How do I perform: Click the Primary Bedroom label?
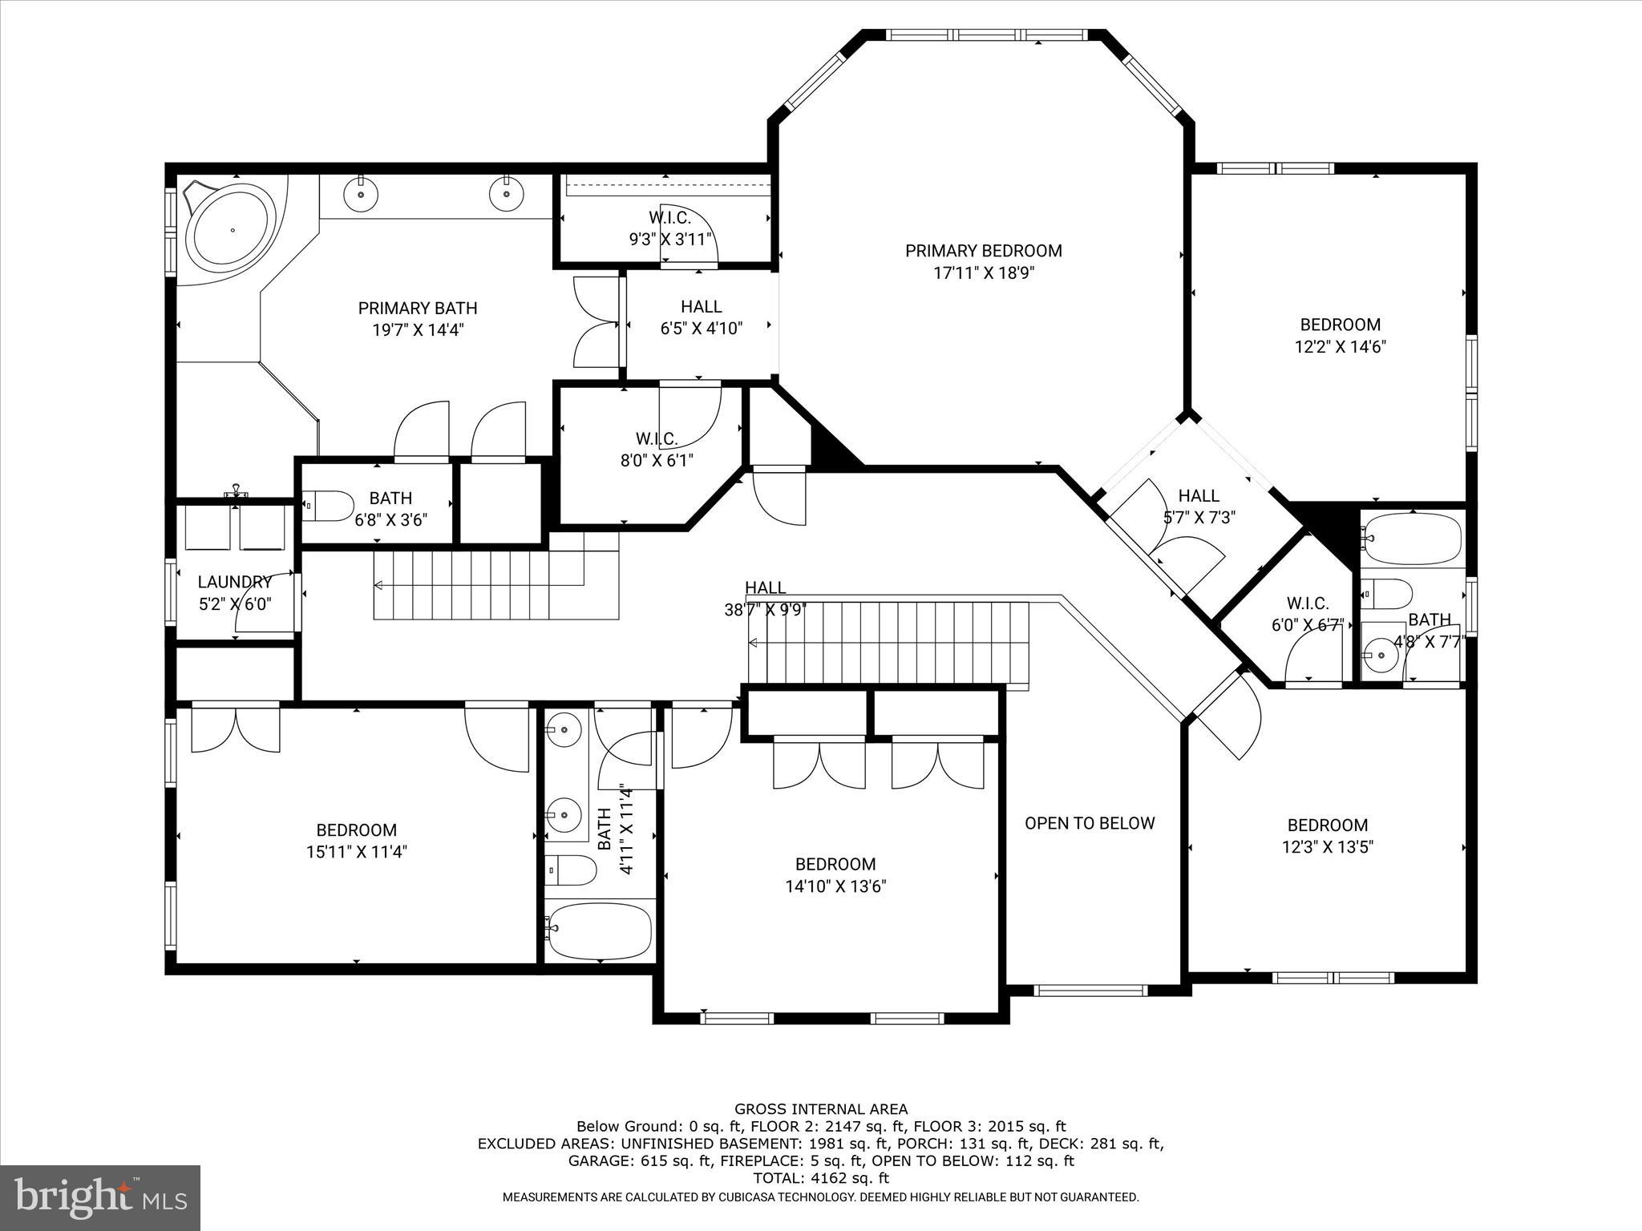[983, 251]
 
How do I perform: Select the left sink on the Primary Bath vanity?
[361, 193]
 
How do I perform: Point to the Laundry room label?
[235, 582]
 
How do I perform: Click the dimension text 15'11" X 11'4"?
[356, 852]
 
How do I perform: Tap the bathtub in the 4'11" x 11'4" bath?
[598, 930]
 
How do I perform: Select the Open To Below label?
[1090, 823]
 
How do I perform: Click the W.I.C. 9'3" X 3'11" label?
[669, 228]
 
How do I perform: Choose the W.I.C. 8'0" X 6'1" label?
[657, 450]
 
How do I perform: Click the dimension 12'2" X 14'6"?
[1340, 347]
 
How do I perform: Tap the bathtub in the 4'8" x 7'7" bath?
[1413, 538]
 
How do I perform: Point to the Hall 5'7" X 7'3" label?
[1199, 507]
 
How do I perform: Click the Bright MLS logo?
[100, 1197]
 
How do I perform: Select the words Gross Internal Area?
[821, 1109]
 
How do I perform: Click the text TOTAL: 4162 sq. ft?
[821, 1178]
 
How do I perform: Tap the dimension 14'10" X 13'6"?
[835, 886]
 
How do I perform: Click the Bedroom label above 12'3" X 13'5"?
[1327, 825]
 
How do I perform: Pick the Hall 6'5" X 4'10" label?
[702, 317]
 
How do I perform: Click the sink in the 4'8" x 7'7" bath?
[1381, 656]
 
